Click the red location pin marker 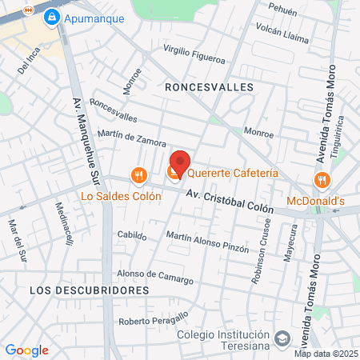[180, 163]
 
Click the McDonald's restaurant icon [321, 179]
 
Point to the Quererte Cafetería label [234, 173]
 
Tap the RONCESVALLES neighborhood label [209, 86]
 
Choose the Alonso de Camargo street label [155, 277]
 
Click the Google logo [26, 350]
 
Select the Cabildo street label [132, 236]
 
